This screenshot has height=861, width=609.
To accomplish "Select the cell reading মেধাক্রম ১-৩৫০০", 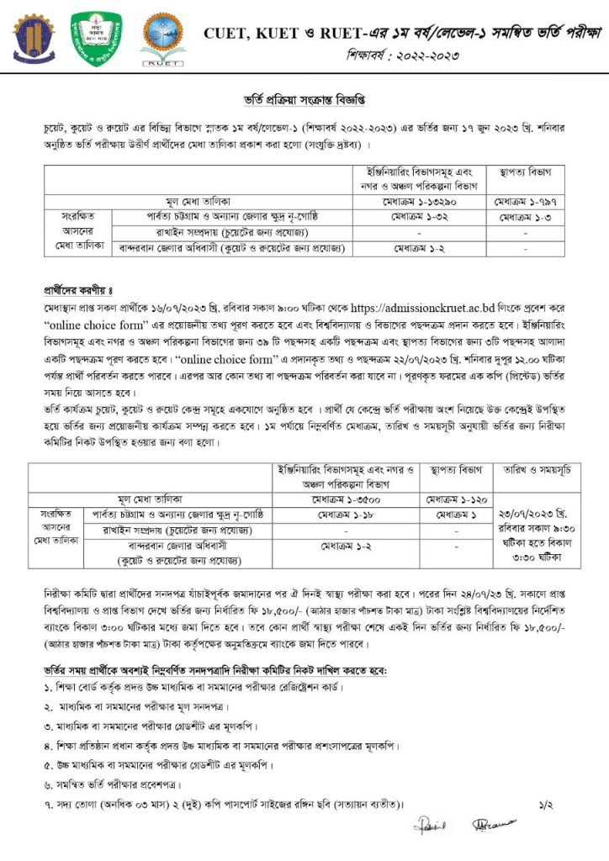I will point(351,497).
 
